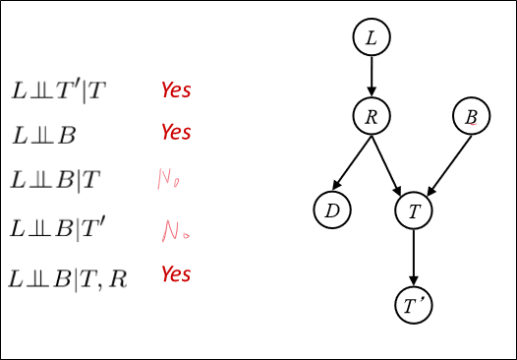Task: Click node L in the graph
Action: tap(372, 38)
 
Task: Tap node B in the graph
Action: tap(472, 118)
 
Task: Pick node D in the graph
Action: tap(332, 210)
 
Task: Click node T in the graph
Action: tap(414, 210)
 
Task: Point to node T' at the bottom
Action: tap(414, 306)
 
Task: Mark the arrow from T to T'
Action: tap(414, 258)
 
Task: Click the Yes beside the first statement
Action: tap(176, 90)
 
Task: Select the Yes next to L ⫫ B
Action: tap(176, 132)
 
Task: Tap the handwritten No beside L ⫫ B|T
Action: tap(169, 180)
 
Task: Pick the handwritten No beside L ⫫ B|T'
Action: tap(175, 231)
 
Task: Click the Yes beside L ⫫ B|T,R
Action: tap(176, 274)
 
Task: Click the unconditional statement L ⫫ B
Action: tap(43, 135)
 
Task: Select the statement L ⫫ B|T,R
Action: tap(68, 278)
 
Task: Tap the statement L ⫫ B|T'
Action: tap(59, 229)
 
